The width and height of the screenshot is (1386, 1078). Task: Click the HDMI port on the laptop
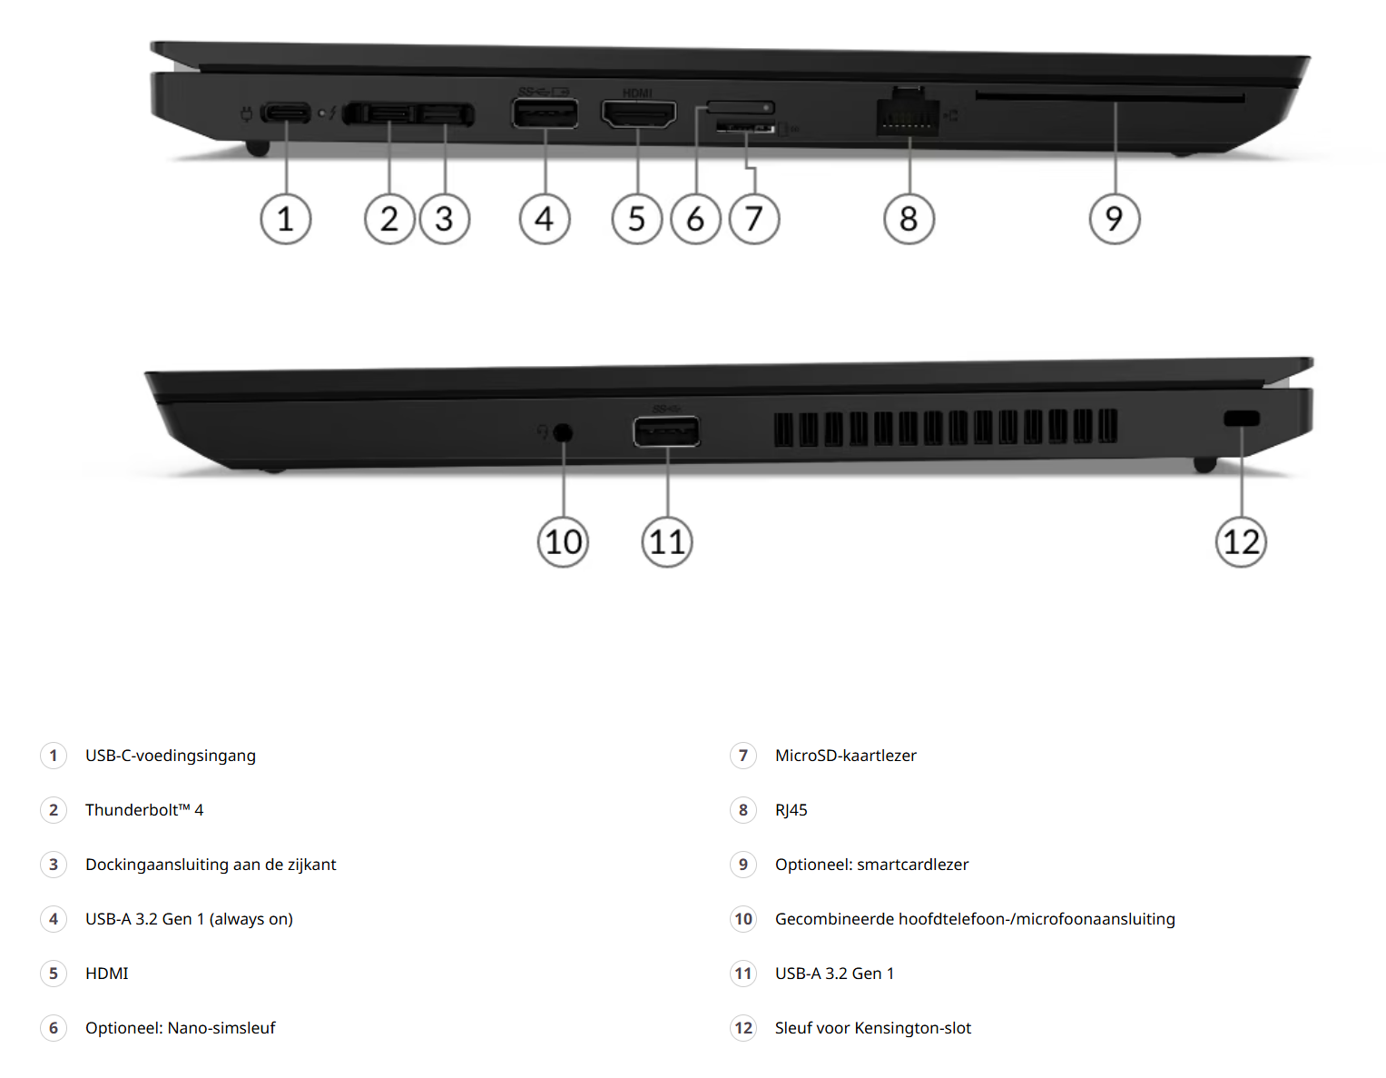(x=638, y=114)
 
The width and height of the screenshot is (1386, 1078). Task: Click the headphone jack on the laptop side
(x=563, y=433)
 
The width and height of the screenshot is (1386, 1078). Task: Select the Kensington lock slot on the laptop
(x=1241, y=419)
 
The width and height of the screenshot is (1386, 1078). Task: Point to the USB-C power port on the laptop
(x=286, y=113)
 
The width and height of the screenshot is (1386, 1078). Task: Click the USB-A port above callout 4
(x=545, y=114)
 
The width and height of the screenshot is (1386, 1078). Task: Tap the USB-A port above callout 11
(x=666, y=430)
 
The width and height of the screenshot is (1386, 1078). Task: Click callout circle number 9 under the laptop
(x=1115, y=219)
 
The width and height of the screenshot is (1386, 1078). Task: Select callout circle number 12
(x=1241, y=542)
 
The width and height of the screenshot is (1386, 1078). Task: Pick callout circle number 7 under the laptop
(x=754, y=219)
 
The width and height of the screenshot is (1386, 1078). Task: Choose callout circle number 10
(x=563, y=542)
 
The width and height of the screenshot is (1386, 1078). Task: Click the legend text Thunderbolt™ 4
(x=144, y=810)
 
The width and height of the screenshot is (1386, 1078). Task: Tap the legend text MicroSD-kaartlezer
(x=846, y=756)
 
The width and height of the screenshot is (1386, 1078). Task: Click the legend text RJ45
(x=791, y=810)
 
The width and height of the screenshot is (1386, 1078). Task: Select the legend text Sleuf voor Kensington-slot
(x=872, y=1028)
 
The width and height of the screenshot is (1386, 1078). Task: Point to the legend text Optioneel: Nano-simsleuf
(x=181, y=1028)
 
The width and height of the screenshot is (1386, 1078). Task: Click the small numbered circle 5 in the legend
(x=54, y=974)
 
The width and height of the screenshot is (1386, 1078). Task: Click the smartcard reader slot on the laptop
(x=1110, y=97)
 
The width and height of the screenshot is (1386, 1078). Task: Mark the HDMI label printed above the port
(x=637, y=94)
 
